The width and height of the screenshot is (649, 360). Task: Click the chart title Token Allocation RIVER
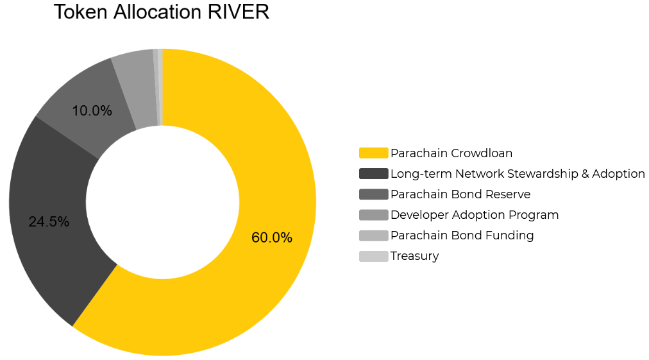point(162,12)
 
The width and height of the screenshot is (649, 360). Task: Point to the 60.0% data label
point(272,237)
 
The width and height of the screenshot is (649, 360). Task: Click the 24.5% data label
point(49,221)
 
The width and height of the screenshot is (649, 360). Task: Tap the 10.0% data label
point(92,110)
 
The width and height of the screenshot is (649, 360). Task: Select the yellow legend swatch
point(374,153)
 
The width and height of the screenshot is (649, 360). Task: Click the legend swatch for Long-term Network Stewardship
point(374,173)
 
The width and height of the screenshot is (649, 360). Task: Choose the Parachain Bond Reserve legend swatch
point(374,194)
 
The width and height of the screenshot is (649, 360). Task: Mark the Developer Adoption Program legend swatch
point(374,214)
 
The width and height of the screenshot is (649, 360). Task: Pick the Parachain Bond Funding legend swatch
point(374,236)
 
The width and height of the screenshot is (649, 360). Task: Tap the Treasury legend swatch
point(374,256)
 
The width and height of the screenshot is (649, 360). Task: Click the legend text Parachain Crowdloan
point(451,153)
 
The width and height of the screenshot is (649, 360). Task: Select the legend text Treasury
point(415,256)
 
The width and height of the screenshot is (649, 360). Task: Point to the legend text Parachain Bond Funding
point(462,236)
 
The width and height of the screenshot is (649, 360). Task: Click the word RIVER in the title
point(239,12)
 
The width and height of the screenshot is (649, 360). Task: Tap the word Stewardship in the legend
point(543,173)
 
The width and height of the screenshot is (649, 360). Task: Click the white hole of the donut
point(163,202)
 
